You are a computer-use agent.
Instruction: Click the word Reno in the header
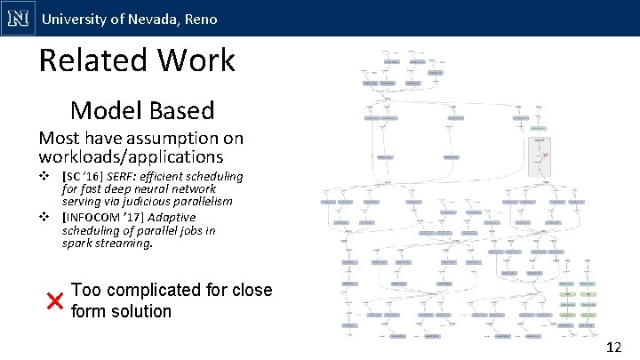tap(199, 19)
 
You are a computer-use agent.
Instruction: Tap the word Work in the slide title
tap(203, 60)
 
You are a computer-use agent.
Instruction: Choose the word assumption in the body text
tap(173, 139)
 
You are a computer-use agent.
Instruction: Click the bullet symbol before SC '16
tap(44, 176)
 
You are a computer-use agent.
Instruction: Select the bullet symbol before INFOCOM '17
tap(44, 217)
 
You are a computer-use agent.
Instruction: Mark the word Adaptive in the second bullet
tap(172, 217)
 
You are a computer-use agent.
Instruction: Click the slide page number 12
tap(612, 347)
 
